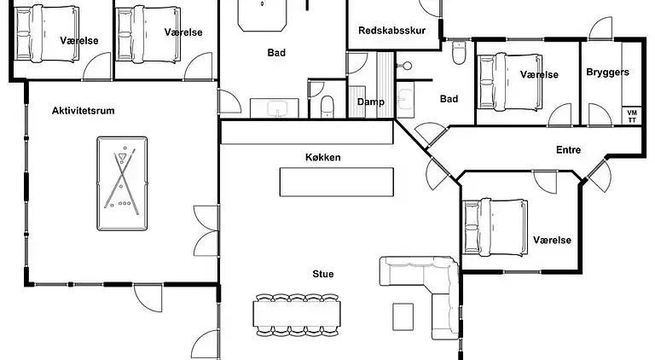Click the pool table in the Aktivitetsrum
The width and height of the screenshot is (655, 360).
point(122,183)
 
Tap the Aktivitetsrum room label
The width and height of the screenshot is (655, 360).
point(83,111)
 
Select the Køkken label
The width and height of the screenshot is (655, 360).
point(323,158)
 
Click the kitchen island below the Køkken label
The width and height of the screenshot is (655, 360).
point(337,182)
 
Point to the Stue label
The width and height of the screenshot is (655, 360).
point(323,274)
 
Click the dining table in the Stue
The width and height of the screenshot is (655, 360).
point(297,314)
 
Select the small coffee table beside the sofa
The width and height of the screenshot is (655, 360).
point(403,316)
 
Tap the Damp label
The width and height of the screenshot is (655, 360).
point(370,102)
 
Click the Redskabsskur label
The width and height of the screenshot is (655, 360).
point(391,31)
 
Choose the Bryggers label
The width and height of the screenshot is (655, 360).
point(607,73)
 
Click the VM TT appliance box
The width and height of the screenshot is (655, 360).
point(632,116)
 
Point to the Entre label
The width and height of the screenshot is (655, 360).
point(568,149)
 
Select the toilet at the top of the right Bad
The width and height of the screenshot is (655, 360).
point(459,53)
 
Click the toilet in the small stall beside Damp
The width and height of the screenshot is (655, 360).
point(327,107)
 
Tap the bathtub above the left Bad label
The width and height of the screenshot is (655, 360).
point(263,15)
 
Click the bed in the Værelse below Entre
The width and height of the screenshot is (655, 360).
point(495,227)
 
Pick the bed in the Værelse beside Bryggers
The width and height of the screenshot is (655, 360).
point(510,82)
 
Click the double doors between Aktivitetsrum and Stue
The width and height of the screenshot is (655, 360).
point(206,230)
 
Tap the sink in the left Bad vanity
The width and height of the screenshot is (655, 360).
point(275,108)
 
